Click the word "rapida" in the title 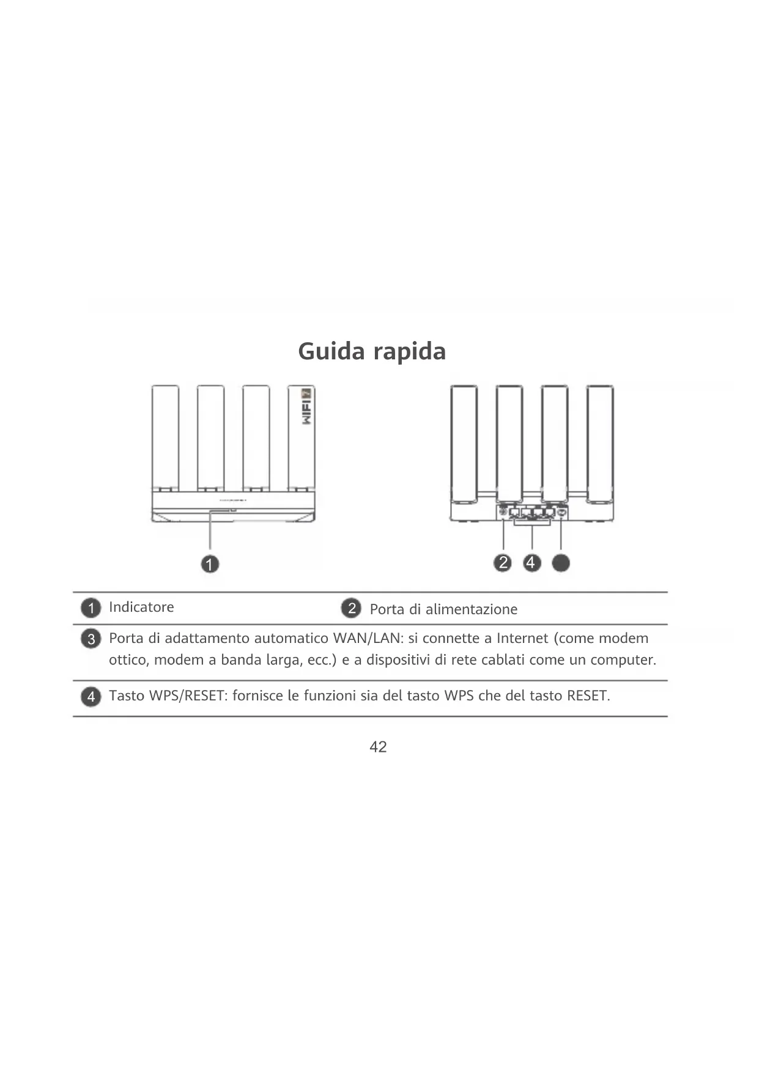(409, 351)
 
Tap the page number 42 (378, 747)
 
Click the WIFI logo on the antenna (307, 408)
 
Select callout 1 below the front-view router (210, 564)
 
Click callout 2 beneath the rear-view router (503, 563)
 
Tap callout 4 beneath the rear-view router (531, 563)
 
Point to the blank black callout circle (561, 563)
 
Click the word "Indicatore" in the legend (141, 607)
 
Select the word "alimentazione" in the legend (471, 609)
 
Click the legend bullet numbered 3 (91, 639)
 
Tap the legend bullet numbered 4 (91, 697)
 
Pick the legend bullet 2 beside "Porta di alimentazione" (351, 609)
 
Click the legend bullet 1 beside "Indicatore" (91, 608)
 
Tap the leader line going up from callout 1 (210, 532)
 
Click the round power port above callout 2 (503, 511)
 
